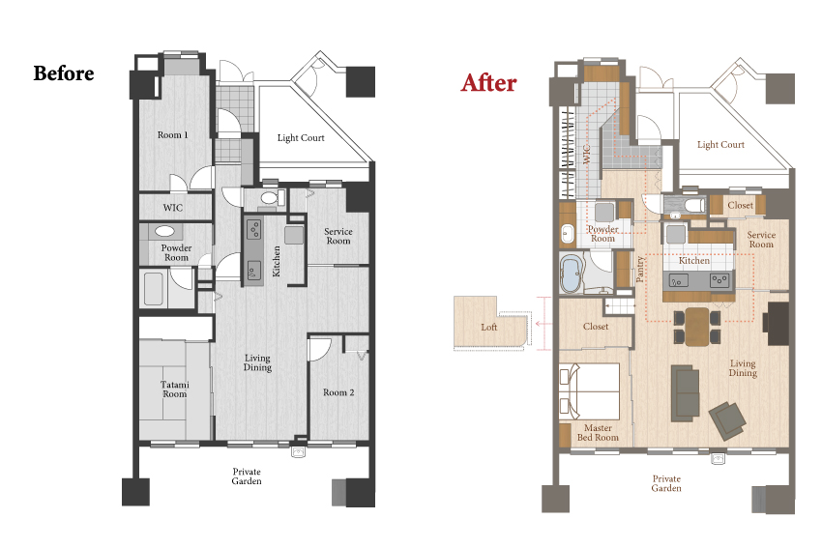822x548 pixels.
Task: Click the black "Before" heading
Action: pos(64,73)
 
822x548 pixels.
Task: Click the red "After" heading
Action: pos(488,83)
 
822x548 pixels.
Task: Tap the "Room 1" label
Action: pos(172,134)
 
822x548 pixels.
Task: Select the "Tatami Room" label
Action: pos(175,389)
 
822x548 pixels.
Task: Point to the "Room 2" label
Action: pos(338,392)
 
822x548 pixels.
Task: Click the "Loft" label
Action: pos(489,327)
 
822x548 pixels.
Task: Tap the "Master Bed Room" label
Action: pos(598,433)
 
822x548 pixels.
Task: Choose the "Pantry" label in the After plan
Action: pos(639,269)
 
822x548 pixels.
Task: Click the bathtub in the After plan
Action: pos(571,274)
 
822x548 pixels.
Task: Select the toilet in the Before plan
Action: pos(271,198)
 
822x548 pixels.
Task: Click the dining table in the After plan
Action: pos(696,327)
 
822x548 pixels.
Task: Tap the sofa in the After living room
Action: pos(686,393)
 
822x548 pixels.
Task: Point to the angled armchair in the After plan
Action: pos(727,420)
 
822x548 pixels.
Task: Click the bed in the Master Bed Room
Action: pos(590,391)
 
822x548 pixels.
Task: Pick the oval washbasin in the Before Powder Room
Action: pos(164,231)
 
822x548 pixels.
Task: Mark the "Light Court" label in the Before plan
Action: pos(301,138)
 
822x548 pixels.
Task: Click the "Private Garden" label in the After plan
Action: pos(666,483)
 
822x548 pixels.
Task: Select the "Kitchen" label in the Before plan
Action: pos(277,261)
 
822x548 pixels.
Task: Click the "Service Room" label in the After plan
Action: pos(761,240)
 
